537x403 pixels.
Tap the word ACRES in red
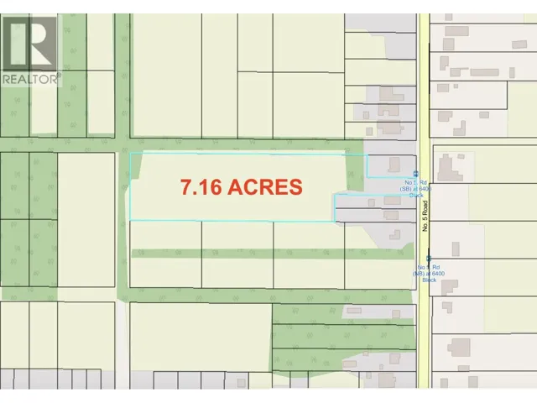tap(268, 186)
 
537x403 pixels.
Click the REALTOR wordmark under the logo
tap(30, 79)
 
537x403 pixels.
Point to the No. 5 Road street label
tap(425, 222)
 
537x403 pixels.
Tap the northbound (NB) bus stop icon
tap(430, 259)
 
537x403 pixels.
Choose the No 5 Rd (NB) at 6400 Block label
tap(429, 273)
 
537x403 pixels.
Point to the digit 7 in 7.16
tap(186, 186)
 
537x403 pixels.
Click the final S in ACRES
tap(295, 186)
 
